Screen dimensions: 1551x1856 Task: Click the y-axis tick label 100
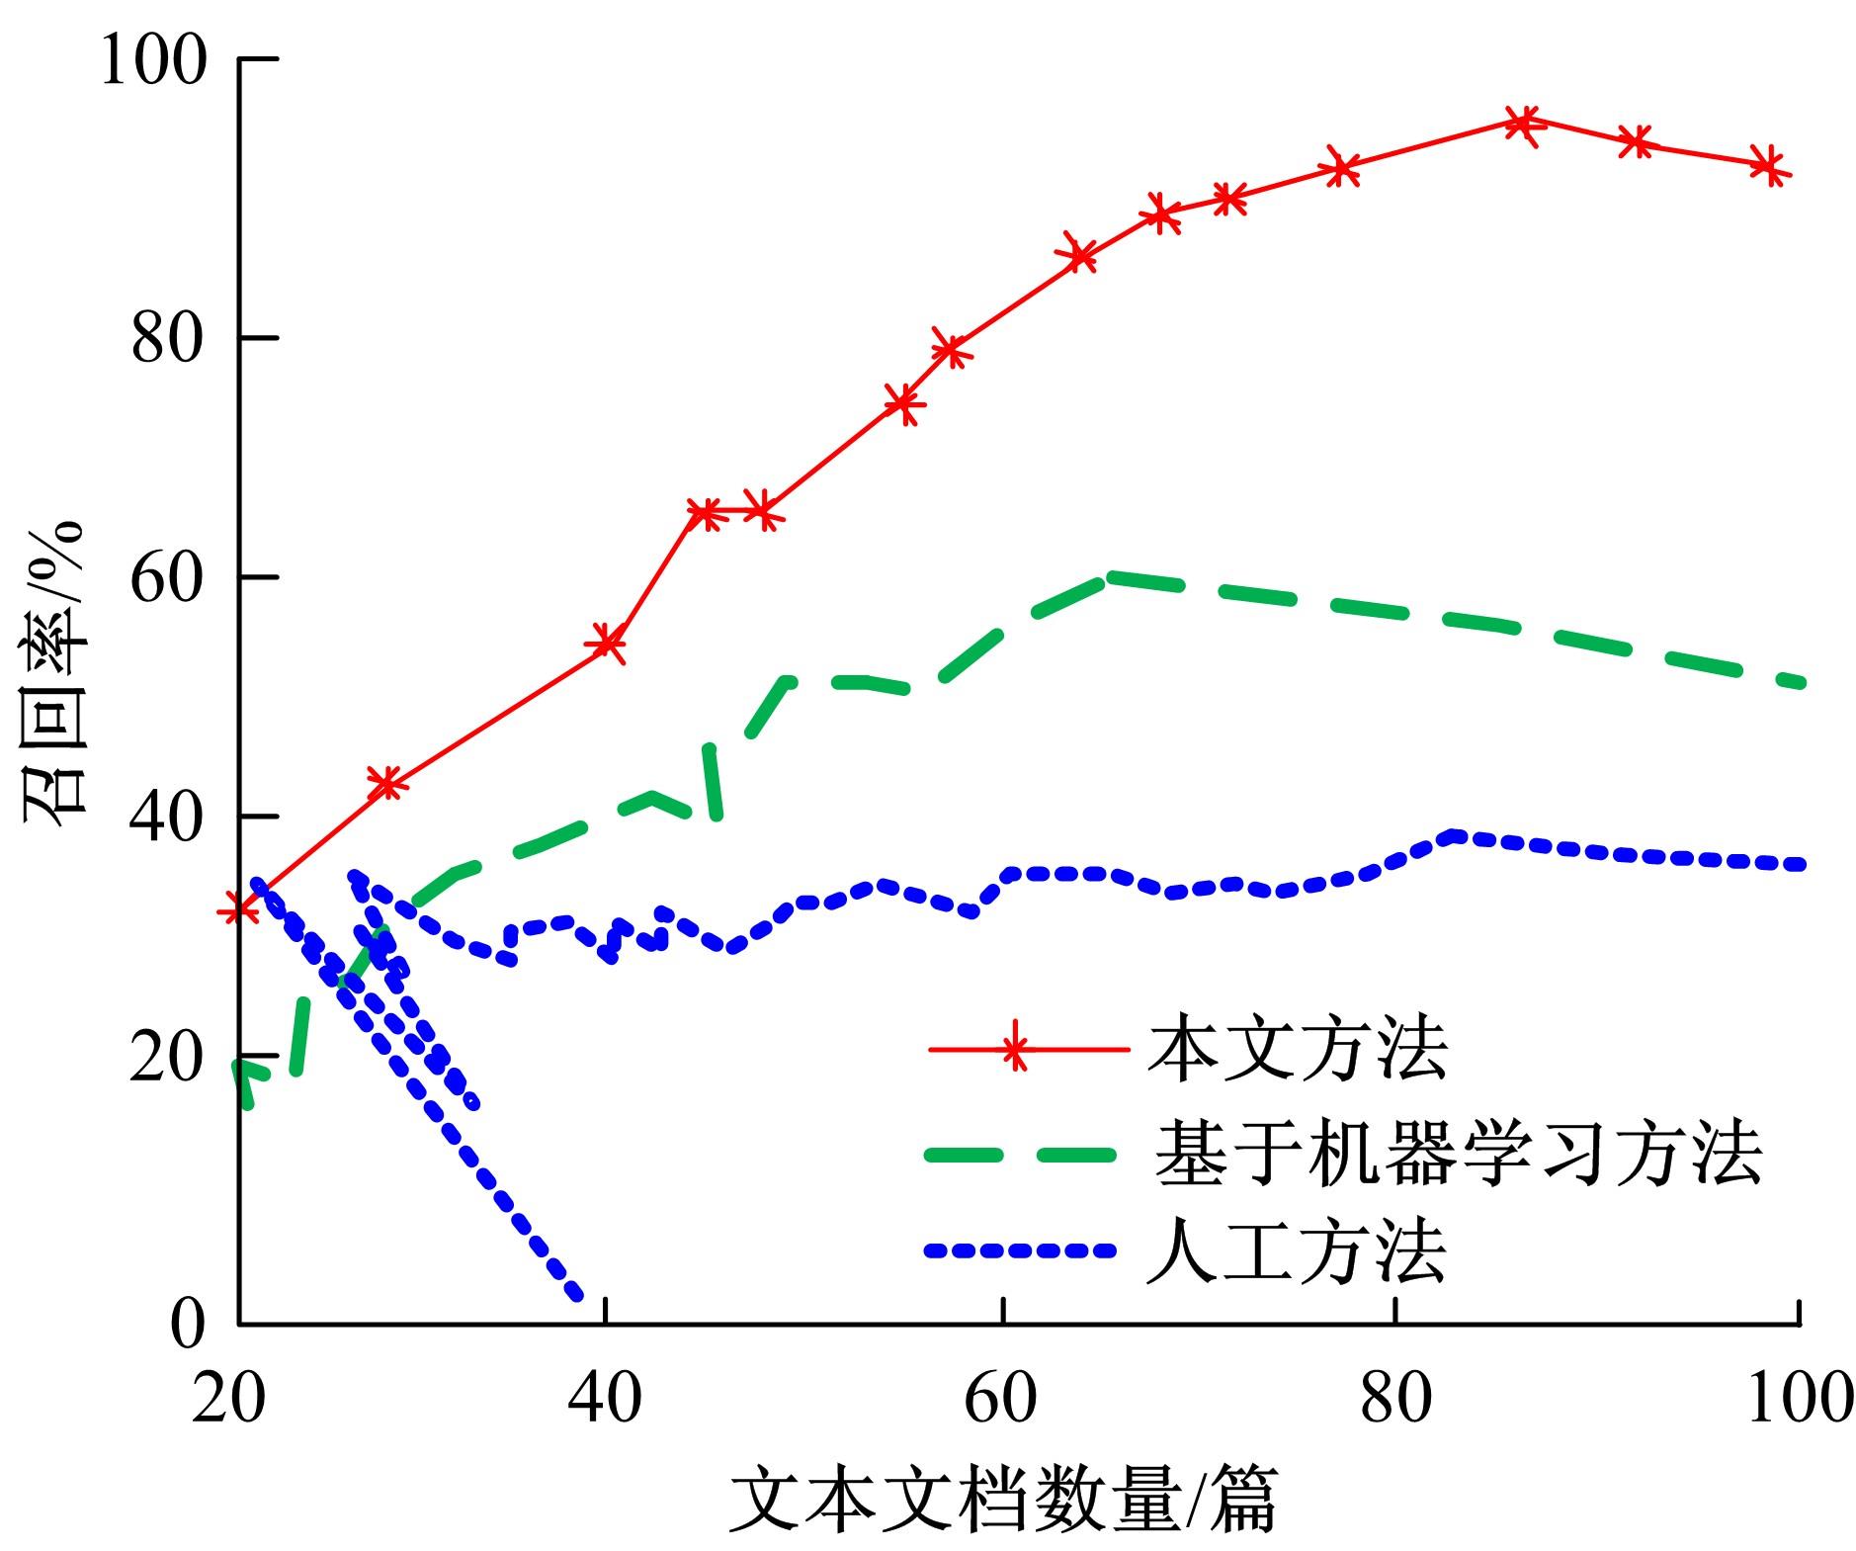pos(153,60)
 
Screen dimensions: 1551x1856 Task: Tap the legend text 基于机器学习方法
pos(1458,1153)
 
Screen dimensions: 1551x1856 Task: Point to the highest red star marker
pos(1523,123)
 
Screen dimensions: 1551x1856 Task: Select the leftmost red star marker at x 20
pos(239,907)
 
